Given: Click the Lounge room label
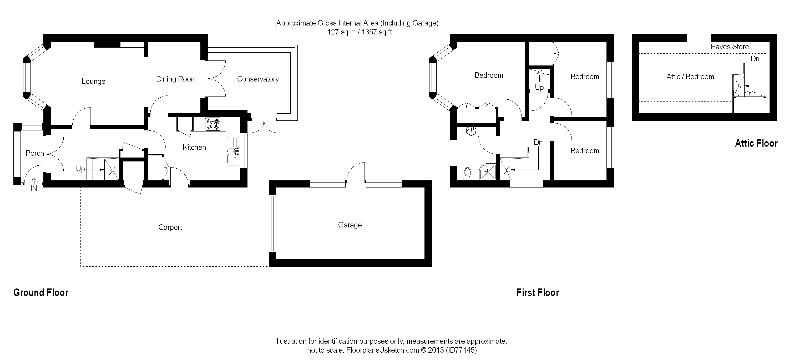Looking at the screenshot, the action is (x=93, y=82).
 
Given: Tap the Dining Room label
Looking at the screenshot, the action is (x=176, y=79).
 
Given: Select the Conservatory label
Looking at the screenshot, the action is (x=258, y=79).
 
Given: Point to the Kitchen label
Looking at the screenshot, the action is (x=194, y=147).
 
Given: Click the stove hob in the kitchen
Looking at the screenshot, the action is (x=213, y=124).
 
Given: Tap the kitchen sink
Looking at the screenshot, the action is (x=233, y=151).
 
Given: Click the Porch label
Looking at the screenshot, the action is (x=35, y=153).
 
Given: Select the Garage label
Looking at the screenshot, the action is (x=350, y=225).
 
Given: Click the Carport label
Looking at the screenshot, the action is (x=170, y=227).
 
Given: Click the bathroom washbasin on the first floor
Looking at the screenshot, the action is (x=471, y=131).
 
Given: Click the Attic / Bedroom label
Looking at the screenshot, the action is (x=690, y=77).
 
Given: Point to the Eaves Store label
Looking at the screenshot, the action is (x=730, y=47).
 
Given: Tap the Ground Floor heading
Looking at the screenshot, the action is (x=41, y=293).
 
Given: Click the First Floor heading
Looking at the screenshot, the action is (x=538, y=293).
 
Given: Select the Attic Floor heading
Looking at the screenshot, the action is (x=756, y=143).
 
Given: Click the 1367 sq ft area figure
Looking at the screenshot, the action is (x=377, y=32).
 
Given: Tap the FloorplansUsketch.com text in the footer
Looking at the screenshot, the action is (x=383, y=350).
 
